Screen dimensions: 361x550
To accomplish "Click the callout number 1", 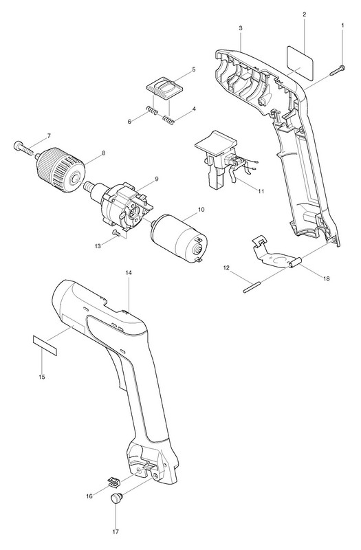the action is (x=342, y=25).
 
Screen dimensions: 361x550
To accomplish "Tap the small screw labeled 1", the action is (x=337, y=70).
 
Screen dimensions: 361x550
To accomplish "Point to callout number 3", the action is (x=240, y=27).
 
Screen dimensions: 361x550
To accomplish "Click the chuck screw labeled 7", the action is (x=25, y=148).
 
